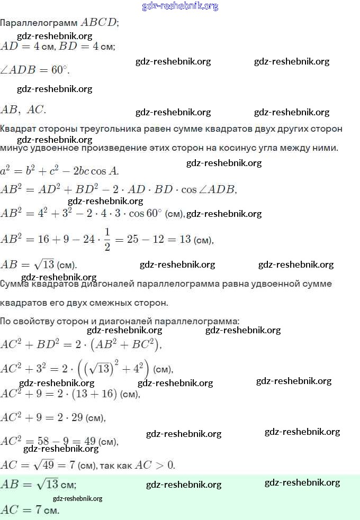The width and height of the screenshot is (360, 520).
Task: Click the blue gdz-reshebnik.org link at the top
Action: pos(180,6)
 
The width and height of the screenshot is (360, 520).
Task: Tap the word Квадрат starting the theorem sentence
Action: pos(19,129)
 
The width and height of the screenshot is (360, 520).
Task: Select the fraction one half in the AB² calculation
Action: pos(107,240)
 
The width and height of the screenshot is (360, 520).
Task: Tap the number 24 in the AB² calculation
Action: pos(89,240)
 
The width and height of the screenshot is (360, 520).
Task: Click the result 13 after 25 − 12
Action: pos(185,240)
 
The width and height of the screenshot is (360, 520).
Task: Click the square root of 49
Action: pos(44,465)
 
